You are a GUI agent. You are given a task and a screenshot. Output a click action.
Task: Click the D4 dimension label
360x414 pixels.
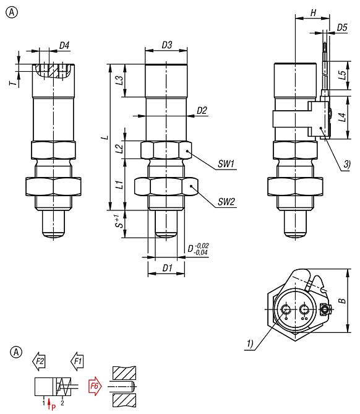(x=64, y=45)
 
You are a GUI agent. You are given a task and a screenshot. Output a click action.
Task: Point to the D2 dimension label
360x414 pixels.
(x=202, y=110)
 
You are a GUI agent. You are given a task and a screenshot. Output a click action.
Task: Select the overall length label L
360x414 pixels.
(x=106, y=137)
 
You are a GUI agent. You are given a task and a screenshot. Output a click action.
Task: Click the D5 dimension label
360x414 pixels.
(x=342, y=27)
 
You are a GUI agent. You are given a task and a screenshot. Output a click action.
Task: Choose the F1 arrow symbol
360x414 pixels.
(x=78, y=360)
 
